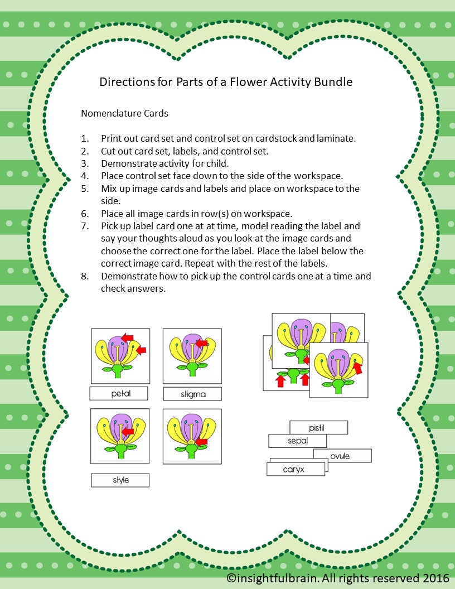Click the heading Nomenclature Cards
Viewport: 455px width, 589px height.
coord(124,113)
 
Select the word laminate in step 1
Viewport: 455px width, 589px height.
coord(339,138)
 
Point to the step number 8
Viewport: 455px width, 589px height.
coord(85,277)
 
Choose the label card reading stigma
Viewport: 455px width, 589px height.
coord(193,394)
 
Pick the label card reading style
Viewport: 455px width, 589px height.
coord(120,480)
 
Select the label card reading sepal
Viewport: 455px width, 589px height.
coord(298,441)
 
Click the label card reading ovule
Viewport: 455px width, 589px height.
coord(341,456)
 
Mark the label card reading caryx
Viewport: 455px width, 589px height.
coord(294,469)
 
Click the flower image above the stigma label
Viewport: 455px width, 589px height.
coord(192,356)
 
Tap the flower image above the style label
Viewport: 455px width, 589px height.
coord(120,436)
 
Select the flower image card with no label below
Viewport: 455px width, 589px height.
coord(192,436)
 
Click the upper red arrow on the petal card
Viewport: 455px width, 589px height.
coord(128,337)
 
